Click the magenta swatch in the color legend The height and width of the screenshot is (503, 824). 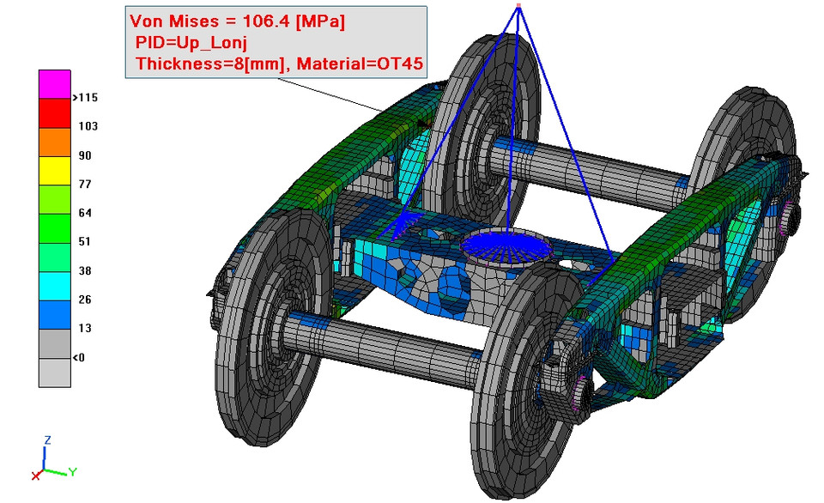point(53,84)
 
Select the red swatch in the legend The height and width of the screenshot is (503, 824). point(53,112)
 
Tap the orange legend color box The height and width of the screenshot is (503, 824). point(53,142)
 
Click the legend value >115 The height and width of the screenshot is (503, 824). point(87,98)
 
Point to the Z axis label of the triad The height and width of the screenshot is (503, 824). point(48,439)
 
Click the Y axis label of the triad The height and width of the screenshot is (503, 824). point(73,471)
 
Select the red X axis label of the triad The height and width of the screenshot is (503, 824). point(35,475)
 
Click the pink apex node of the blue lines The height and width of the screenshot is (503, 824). point(518,8)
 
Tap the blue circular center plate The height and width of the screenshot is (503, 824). point(506,246)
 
